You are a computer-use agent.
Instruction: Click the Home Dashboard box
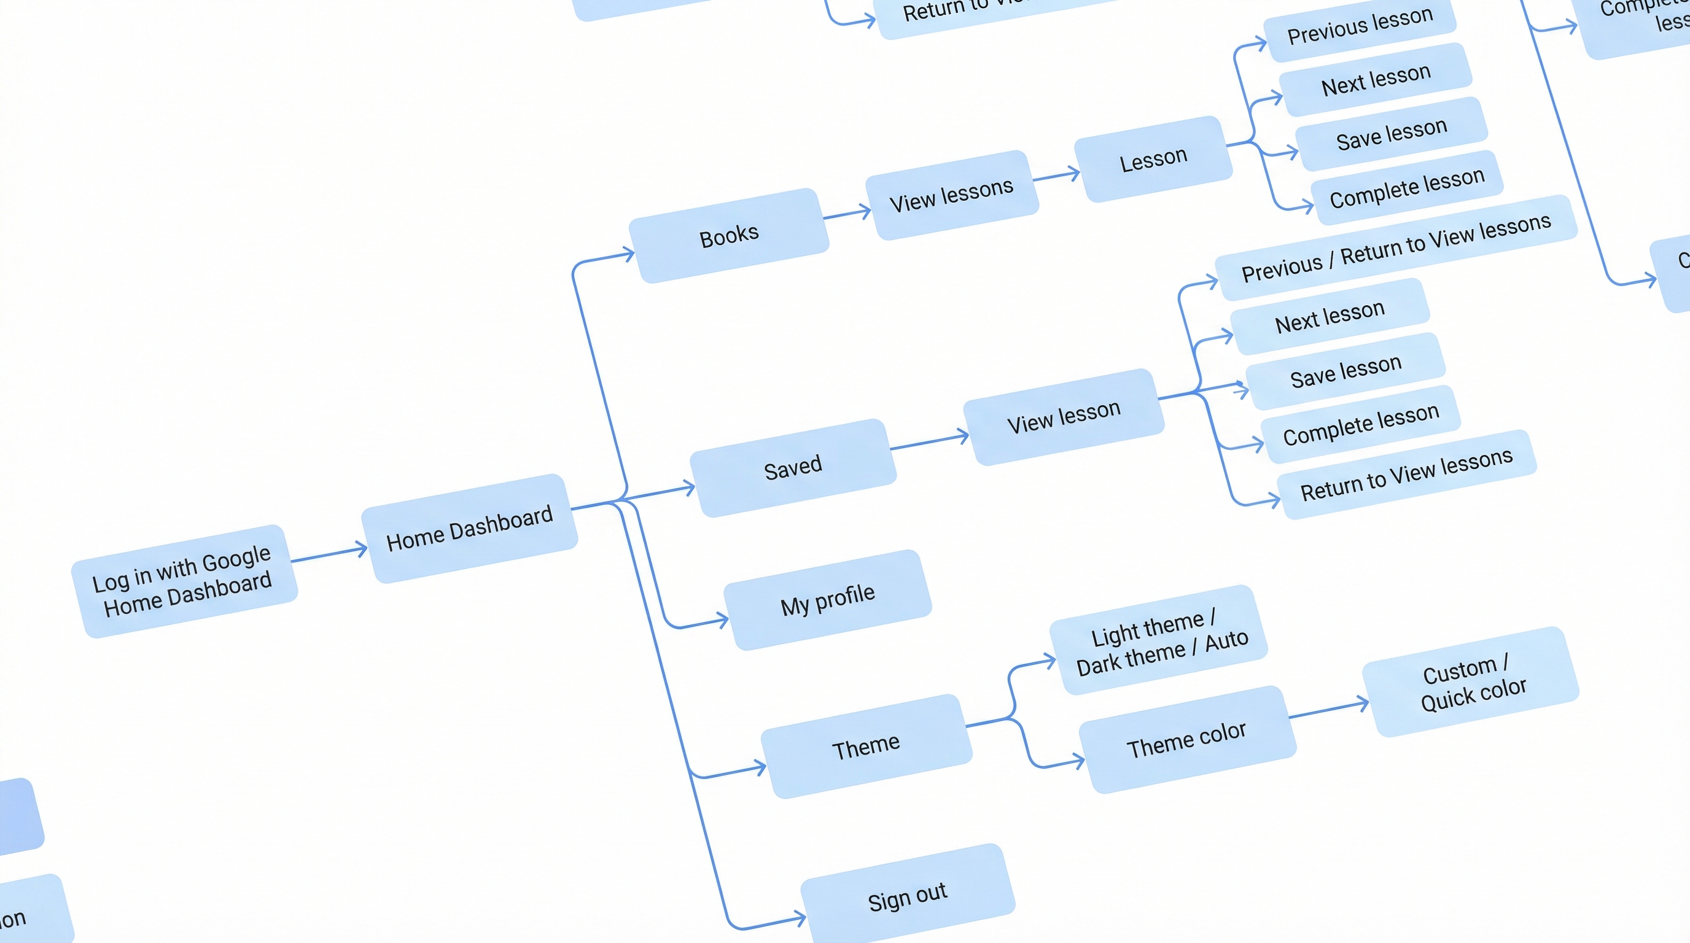pos(469,529)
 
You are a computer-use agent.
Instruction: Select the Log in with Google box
pos(184,581)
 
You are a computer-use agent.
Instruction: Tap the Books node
pos(729,235)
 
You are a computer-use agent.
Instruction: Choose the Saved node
pos(793,468)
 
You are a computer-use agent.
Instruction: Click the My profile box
pos(827,599)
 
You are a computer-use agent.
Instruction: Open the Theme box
pos(866,747)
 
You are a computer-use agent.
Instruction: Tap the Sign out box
pos(907,896)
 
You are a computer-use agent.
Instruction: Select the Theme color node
pos(1187,740)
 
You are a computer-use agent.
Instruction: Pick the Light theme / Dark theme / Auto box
pos(1159,640)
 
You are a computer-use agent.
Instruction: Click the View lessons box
pos(951,195)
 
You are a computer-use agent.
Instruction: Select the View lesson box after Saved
pos(1064,417)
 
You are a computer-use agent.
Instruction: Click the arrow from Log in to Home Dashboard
pos(329,554)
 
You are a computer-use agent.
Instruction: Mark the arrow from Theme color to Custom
pos(1328,710)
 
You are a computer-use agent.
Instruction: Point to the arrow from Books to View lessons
pos(847,214)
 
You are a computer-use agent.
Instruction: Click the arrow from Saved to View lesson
pos(929,442)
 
